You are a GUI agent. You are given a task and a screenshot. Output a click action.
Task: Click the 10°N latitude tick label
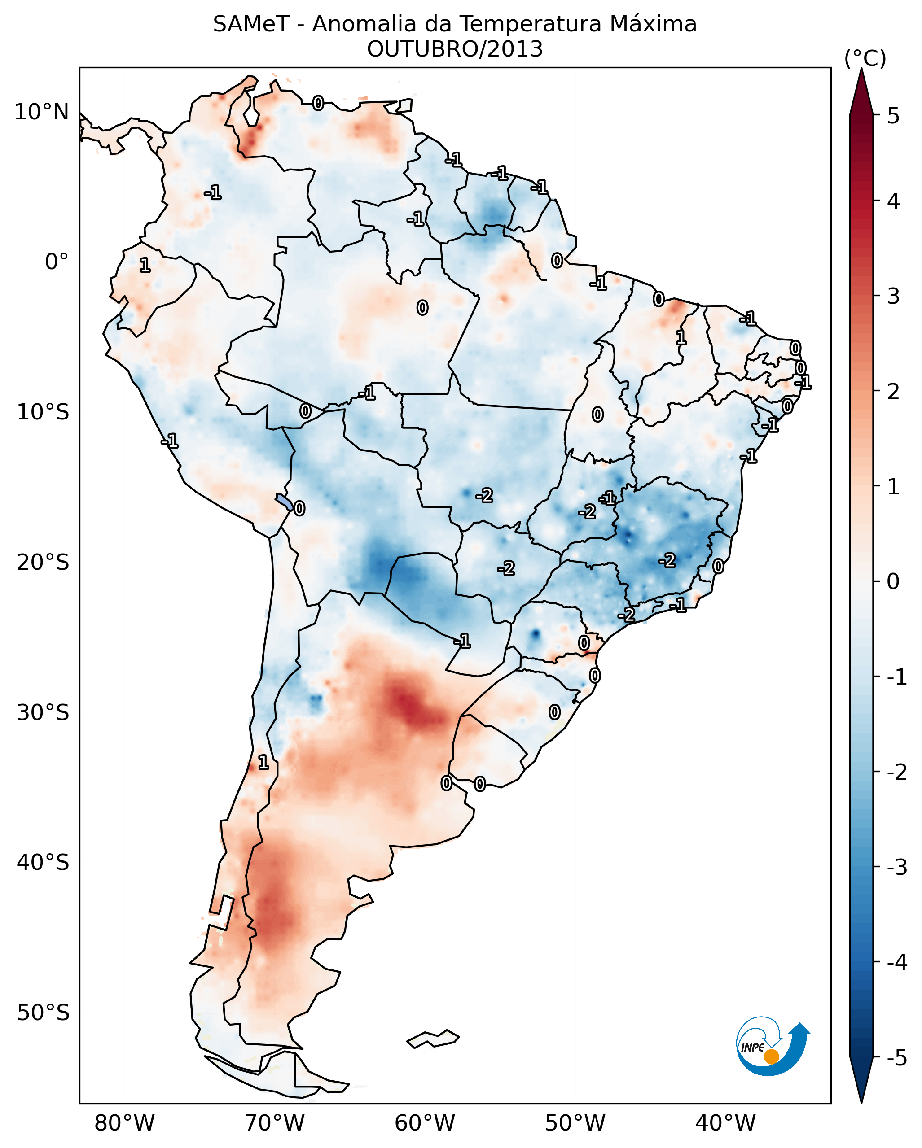point(42,112)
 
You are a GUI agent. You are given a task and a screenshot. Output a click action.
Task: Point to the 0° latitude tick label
point(57,262)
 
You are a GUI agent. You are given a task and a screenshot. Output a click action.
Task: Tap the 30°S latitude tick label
point(43,712)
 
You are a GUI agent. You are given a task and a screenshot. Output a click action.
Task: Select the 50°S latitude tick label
point(43,1013)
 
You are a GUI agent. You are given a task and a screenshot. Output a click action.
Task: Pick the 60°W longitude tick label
point(425,1123)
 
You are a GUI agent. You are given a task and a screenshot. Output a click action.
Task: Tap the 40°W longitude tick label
point(725,1123)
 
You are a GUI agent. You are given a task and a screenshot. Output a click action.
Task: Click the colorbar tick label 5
point(893,116)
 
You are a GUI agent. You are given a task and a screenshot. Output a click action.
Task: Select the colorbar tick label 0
point(893,581)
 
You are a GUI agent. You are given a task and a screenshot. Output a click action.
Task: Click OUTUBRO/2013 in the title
point(455,49)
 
